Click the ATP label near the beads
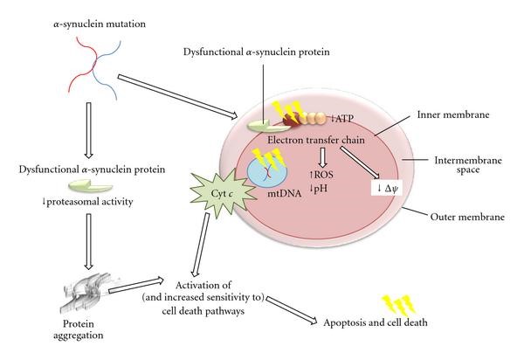[343, 117]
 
